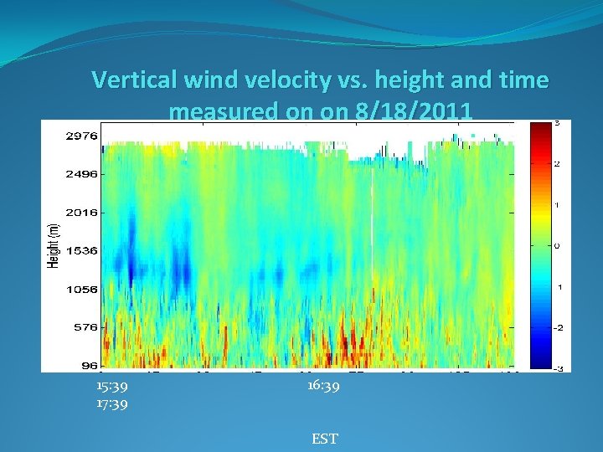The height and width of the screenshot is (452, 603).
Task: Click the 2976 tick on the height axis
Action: [82, 136]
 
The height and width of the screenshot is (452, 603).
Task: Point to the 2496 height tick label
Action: [82, 174]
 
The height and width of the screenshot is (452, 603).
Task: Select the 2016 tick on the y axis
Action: [82, 213]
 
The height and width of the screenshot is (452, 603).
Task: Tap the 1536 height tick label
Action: [82, 250]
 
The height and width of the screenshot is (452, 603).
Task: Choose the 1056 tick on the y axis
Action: [82, 289]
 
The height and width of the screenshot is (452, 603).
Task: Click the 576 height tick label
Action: [85, 327]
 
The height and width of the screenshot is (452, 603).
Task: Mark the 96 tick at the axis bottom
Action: [88, 365]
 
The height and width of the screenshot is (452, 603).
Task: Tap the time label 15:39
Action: [112, 387]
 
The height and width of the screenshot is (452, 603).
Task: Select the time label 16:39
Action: [323, 387]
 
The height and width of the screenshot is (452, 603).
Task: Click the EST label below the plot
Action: [324, 439]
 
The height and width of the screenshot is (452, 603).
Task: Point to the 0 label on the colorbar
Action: [556, 245]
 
